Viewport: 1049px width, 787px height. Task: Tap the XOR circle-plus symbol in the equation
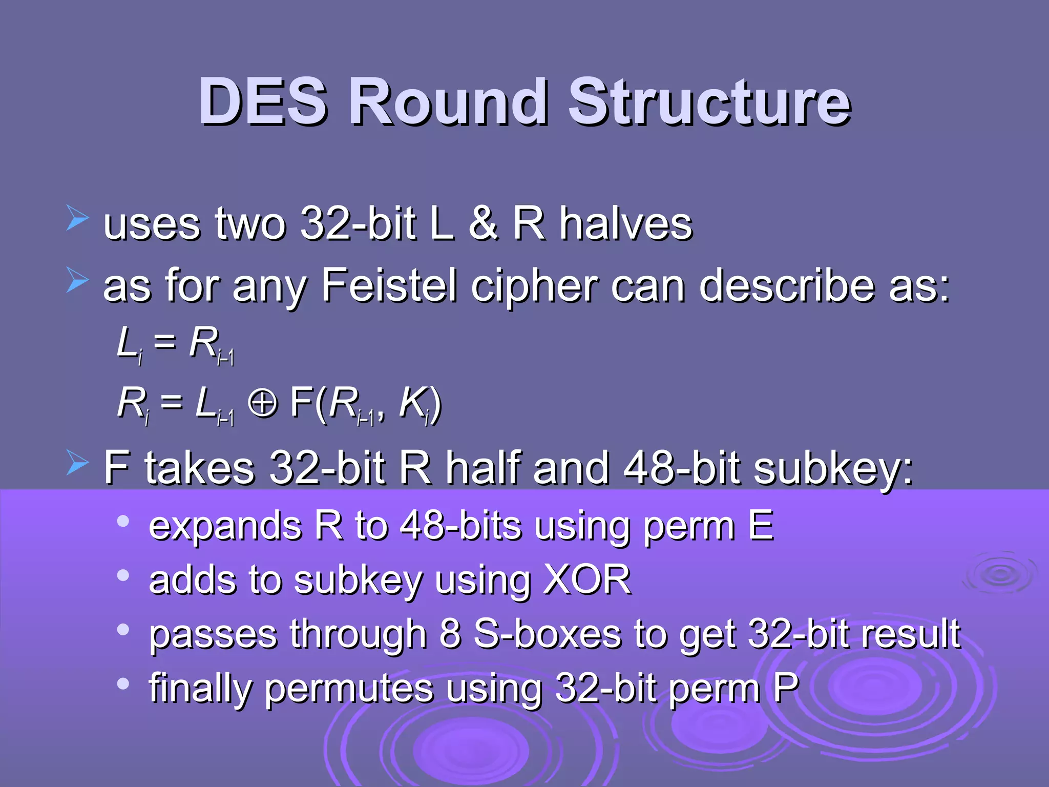[262, 403]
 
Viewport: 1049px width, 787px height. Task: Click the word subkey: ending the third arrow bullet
[833, 469]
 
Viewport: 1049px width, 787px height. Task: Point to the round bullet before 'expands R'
[123, 522]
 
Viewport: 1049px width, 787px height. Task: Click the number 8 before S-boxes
[450, 634]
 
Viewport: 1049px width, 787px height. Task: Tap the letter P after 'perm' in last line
[786, 688]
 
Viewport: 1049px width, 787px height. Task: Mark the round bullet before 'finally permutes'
[123, 684]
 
